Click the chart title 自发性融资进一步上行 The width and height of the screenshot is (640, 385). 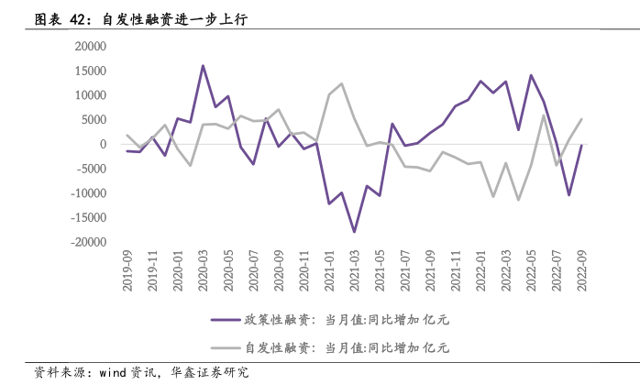pos(174,18)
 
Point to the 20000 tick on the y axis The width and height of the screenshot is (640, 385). pos(89,46)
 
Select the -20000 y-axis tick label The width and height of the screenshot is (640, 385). pos(87,242)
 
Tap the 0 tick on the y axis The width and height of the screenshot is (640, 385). pos(103,144)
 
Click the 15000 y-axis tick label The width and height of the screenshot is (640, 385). pos(89,71)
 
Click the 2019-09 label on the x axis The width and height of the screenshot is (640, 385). pos(127,271)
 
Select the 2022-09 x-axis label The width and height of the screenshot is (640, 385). pos(580,271)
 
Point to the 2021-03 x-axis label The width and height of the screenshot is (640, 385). pos(354,271)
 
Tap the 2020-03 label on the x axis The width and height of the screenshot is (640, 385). pos(203,271)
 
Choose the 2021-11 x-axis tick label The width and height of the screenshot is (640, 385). pos(455,271)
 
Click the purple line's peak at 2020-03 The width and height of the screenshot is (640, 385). pos(203,66)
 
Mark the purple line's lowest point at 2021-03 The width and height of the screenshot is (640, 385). pos(354,232)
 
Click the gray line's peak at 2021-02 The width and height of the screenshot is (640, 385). pos(341,83)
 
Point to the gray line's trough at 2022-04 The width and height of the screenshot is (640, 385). pos(518,200)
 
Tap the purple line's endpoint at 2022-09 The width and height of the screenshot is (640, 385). pos(580,146)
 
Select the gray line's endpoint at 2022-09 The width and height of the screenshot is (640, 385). pos(580,119)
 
